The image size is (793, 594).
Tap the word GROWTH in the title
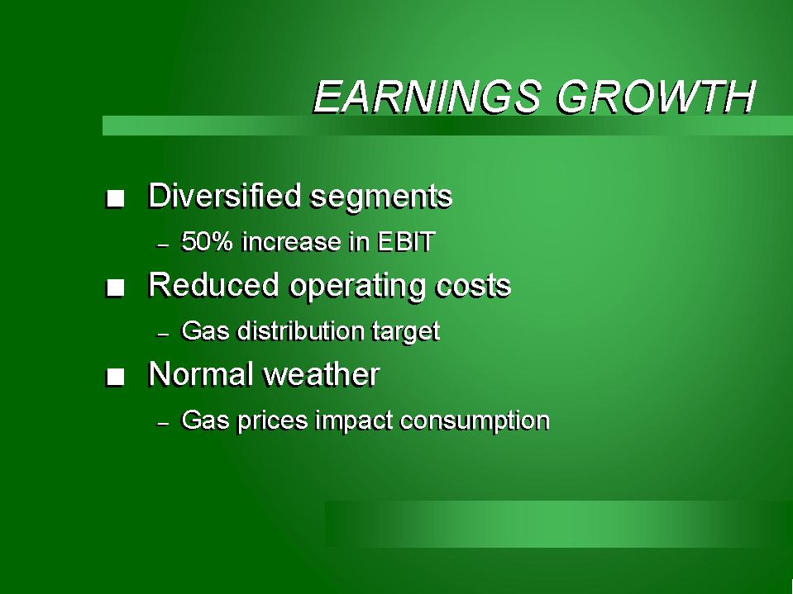657,96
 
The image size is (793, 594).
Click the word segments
381,197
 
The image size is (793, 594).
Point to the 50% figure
207,241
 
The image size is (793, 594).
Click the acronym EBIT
406,241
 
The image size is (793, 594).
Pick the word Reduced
213,284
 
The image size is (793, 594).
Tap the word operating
358,287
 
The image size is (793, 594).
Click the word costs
473,286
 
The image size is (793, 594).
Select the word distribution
301,330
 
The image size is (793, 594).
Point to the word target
406,332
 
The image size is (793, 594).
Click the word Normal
201,374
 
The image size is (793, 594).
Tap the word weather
322,374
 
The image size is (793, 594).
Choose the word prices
272,421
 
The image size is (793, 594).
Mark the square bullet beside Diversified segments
115,198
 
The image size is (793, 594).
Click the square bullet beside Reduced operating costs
115,288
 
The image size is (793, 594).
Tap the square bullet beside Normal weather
115,378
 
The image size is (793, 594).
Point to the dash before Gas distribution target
163,335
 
